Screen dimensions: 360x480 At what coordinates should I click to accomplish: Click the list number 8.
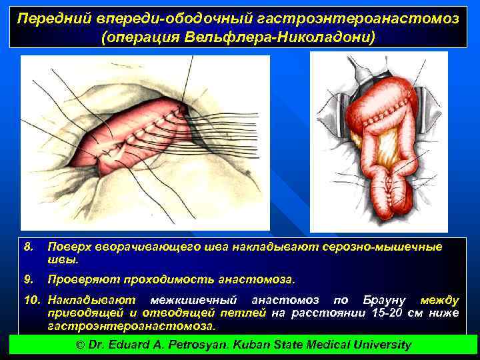[28, 247]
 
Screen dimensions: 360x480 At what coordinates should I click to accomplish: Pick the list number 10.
[33, 301]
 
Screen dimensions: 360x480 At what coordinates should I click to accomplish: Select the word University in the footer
[380, 345]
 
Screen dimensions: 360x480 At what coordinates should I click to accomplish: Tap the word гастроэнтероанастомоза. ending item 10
[131, 326]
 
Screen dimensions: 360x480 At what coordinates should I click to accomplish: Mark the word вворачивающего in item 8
[131, 247]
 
